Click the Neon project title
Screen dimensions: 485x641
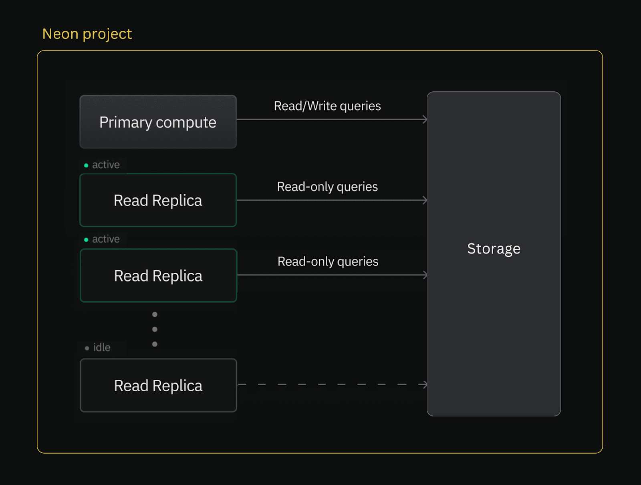pyautogui.click(x=87, y=34)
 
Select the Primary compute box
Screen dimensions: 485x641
pyautogui.click(x=158, y=122)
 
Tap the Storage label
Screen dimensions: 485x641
pyautogui.click(x=494, y=249)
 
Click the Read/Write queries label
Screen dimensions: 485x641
pyautogui.click(x=327, y=106)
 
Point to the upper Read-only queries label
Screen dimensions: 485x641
pyautogui.click(x=327, y=187)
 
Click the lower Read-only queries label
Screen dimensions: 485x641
pyautogui.click(x=327, y=262)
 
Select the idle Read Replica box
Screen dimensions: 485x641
pyautogui.click(x=158, y=385)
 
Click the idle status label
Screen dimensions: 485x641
pyautogui.click(x=102, y=348)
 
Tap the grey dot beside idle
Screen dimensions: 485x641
pyautogui.click(x=87, y=348)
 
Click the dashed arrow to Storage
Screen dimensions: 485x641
pyautogui.click(x=329, y=384)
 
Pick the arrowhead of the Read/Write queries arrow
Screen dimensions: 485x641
pyautogui.click(x=425, y=119)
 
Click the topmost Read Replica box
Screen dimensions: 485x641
pyautogui.click(x=158, y=200)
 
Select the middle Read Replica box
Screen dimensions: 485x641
pyautogui.click(x=158, y=276)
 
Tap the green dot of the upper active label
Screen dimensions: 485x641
pyautogui.click(x=86, y=165)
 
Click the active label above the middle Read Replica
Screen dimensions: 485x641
pyautogui.click(x=106, y=239)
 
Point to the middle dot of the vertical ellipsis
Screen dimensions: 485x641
pyautogui.click(x=155, y=329)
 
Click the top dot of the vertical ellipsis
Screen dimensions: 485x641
pyautogui.click(x=155, y=314)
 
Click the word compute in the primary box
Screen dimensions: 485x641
pyautogui.click(x=186, y=123)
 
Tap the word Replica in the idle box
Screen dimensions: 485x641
pyautogui.click(x=177, y=386)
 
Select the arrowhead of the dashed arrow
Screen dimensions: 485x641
pyautogui.click(x=424, y=384)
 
